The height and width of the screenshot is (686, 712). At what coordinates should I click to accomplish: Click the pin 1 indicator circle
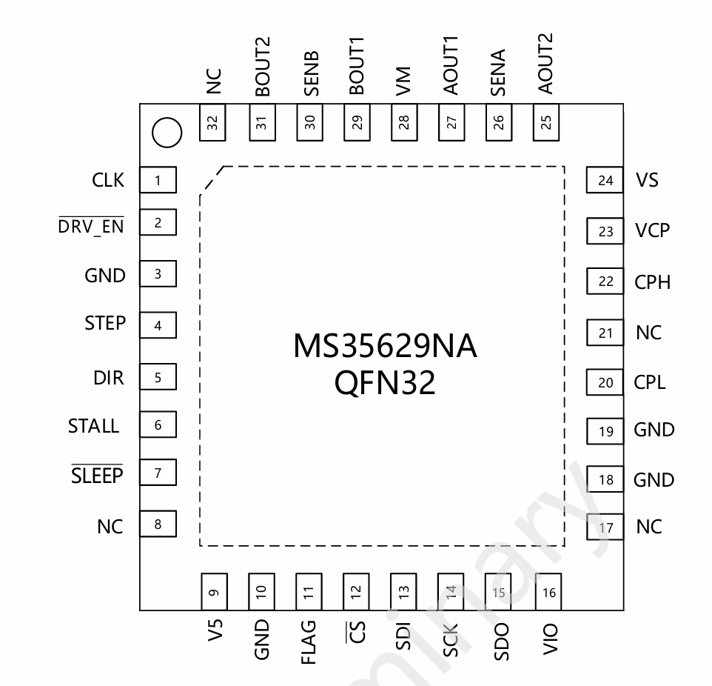166,133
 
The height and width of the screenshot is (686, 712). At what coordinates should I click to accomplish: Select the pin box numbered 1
158,180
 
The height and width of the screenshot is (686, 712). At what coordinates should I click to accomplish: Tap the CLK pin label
108,180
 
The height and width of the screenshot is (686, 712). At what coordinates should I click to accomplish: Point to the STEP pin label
105,324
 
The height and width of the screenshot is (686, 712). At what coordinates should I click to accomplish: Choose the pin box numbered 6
158,426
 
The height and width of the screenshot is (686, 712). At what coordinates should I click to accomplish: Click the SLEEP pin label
97,476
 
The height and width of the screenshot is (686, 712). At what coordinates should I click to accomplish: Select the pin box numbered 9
213,592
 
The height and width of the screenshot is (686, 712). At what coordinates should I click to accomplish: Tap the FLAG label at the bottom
309,642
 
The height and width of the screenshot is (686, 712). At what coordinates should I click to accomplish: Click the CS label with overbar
357,634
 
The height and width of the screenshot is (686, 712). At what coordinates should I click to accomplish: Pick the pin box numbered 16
548,592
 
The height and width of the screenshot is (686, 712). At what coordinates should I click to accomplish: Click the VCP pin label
652,231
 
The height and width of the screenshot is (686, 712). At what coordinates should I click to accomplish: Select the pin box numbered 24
605,181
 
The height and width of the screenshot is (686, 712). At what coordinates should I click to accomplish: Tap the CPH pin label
652,282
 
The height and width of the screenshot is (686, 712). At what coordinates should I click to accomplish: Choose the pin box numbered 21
605,333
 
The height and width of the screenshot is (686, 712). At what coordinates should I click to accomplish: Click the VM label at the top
403,81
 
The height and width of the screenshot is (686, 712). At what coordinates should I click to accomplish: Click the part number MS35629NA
385,347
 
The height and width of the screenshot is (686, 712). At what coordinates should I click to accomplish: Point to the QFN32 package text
385,383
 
